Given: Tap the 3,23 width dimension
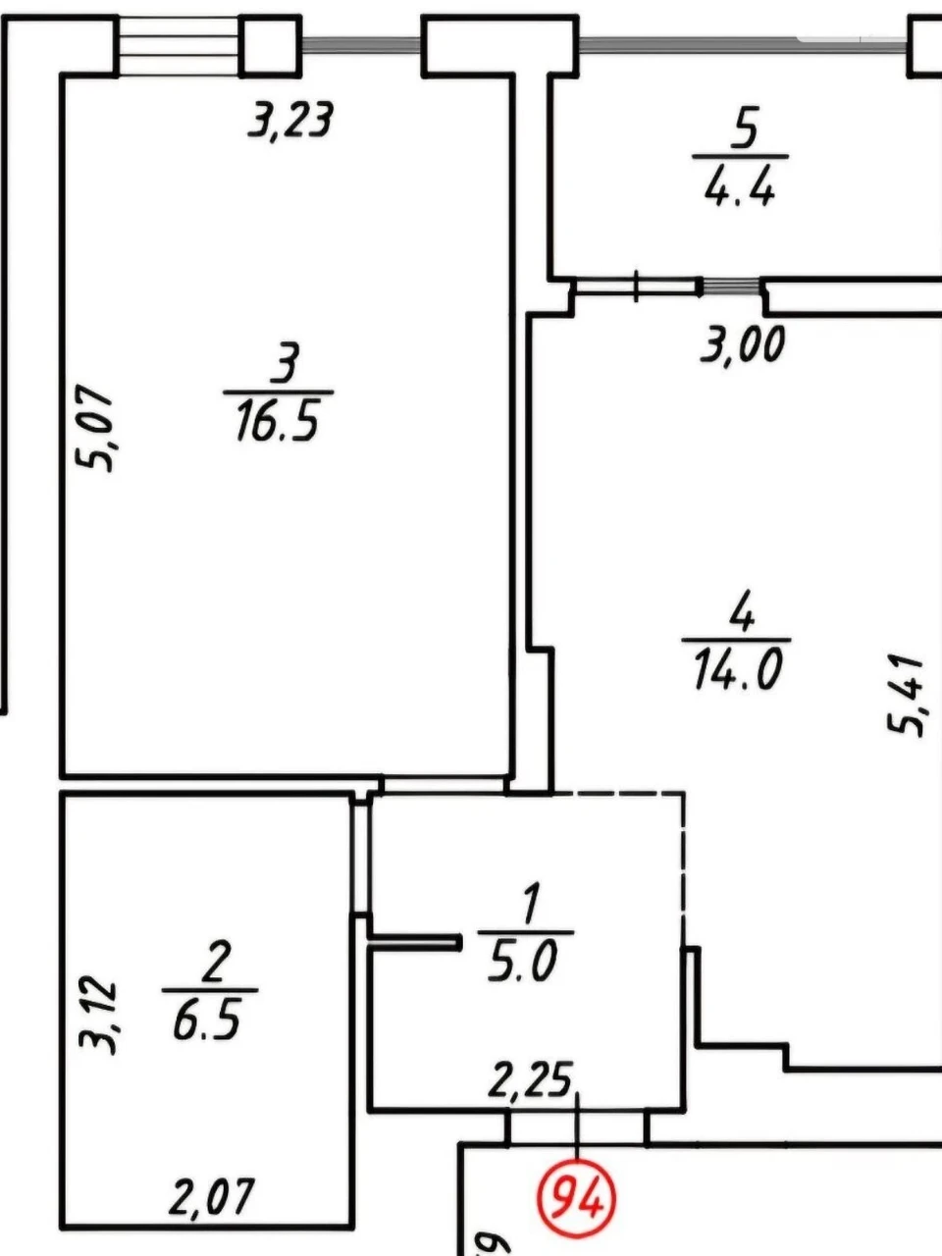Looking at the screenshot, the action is [x=290, y=121].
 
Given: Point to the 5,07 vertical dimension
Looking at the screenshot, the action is [x=94, y=428].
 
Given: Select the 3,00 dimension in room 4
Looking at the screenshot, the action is [x=742, y=343].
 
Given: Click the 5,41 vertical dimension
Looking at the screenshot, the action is [x=906, y=697].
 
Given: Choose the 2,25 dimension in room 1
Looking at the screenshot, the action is [x=530, y=1078].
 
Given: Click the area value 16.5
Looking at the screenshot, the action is [x=278, y=420].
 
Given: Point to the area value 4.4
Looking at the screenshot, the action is [x=740, y=185].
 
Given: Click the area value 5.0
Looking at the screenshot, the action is [x=522, y=962].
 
